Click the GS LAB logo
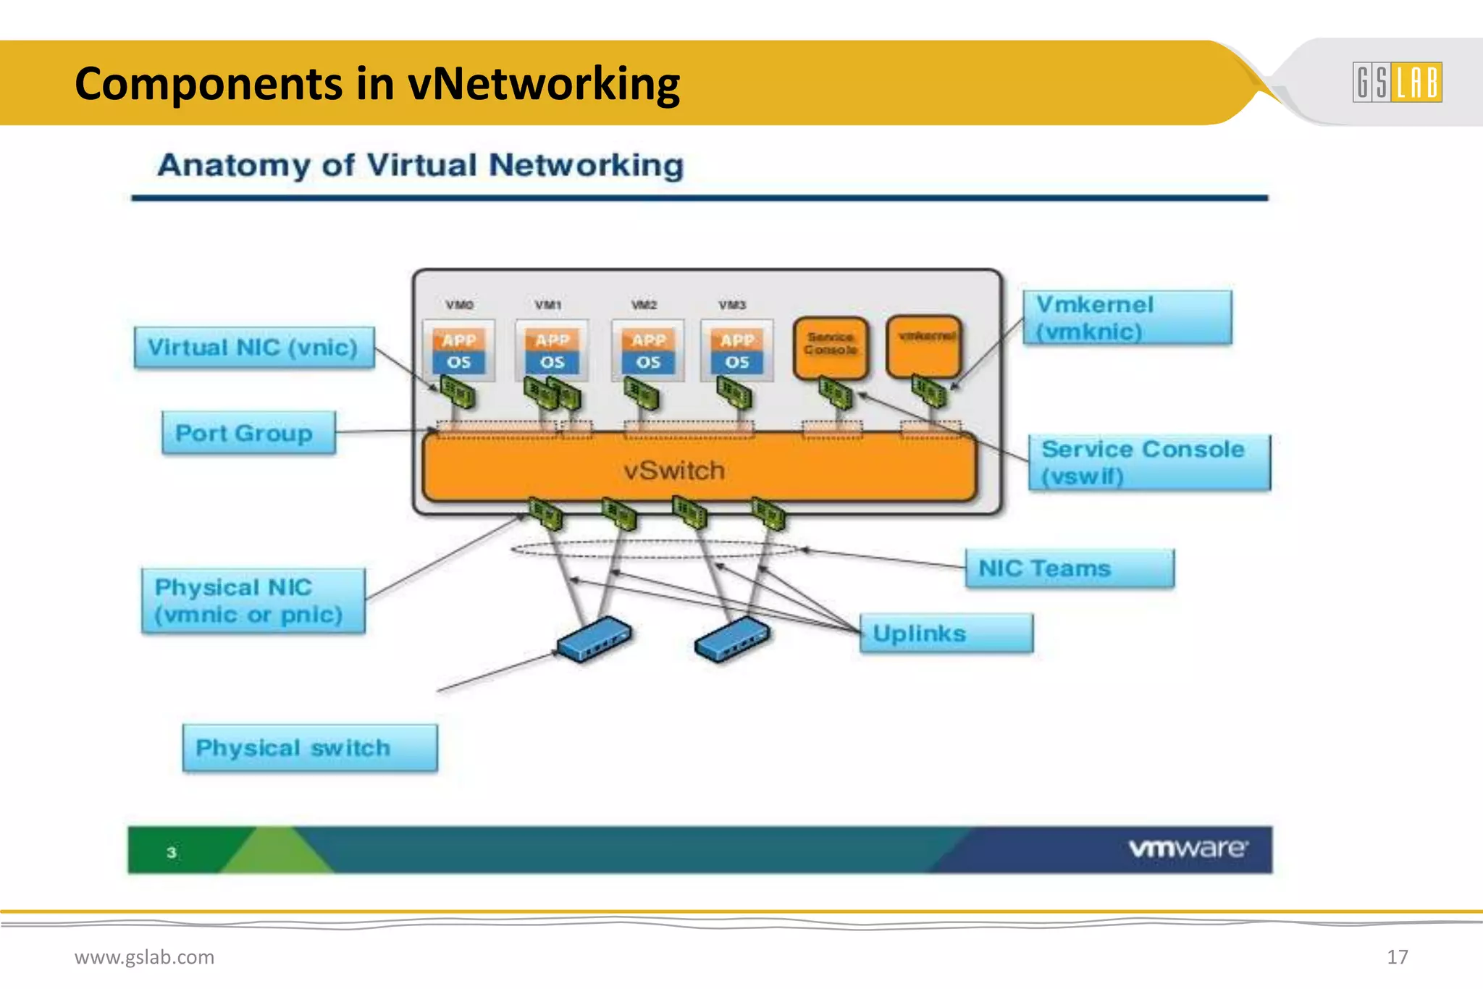pos(1397,82)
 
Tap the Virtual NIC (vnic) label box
pos(254,348)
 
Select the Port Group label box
pos(248,433)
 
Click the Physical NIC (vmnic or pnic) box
pos(253,601)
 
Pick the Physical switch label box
pos(309,748)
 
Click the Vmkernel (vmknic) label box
pos(1127,318)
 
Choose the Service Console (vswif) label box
pos(1149,463)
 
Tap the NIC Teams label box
pos(1069,568)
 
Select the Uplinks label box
pos(946,634)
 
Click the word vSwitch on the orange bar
pos(673,471)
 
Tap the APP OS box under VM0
pos(458,350)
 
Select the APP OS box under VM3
pos(736,350)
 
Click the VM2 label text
pos(644,305)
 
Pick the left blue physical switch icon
pos(594,639)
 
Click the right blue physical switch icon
pos(731,639)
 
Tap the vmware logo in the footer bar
pos(1188,849)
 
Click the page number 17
pos(1397,957)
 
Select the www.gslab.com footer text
pos(144,957)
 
